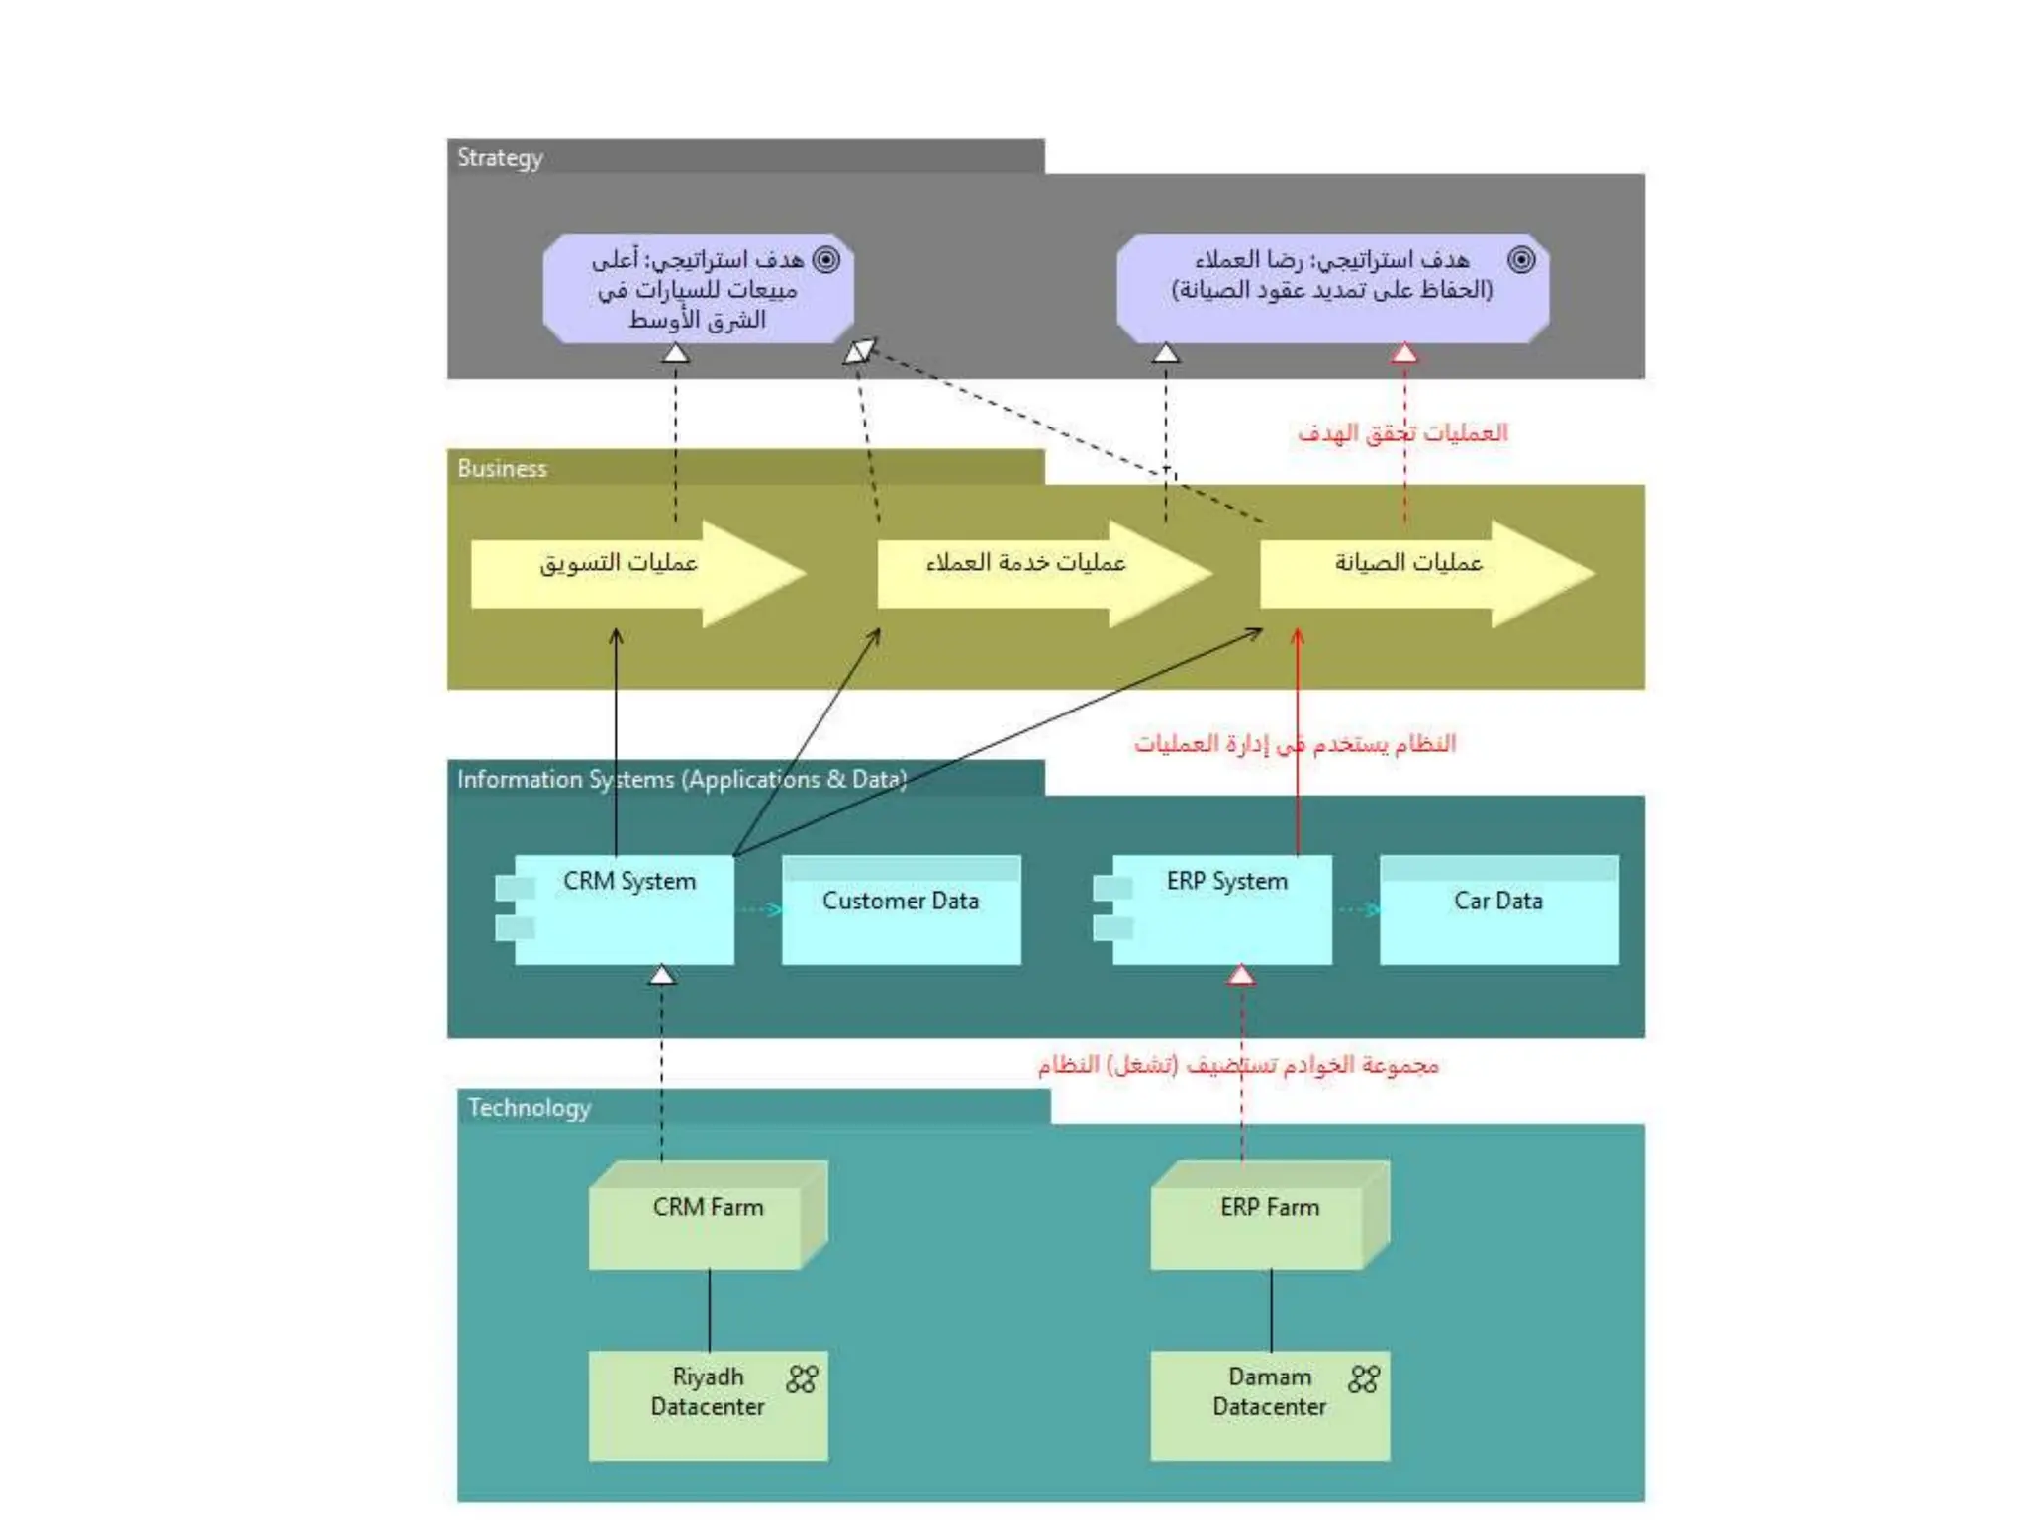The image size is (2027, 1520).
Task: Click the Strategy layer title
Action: [500, 158]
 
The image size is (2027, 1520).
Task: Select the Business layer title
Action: [502, 468]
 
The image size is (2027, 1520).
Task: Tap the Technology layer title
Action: [529, 1107]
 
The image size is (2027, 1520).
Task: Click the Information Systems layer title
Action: [681, 779]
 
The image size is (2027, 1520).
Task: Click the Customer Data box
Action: [901, 910]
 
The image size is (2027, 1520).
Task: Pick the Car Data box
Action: [1498, 910]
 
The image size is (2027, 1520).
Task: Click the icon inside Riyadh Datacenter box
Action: [802, 1378]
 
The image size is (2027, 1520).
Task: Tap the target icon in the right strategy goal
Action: [1521, 259]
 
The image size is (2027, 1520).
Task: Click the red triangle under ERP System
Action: [1241, 976]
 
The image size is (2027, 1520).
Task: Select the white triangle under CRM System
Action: [662, 976]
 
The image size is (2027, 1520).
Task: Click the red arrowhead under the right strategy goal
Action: [1403, 353]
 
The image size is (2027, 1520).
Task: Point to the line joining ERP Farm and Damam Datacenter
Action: [1271, 1310]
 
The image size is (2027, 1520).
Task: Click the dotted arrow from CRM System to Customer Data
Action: [759, 909]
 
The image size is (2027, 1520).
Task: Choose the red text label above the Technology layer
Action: [1237, 1065]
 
